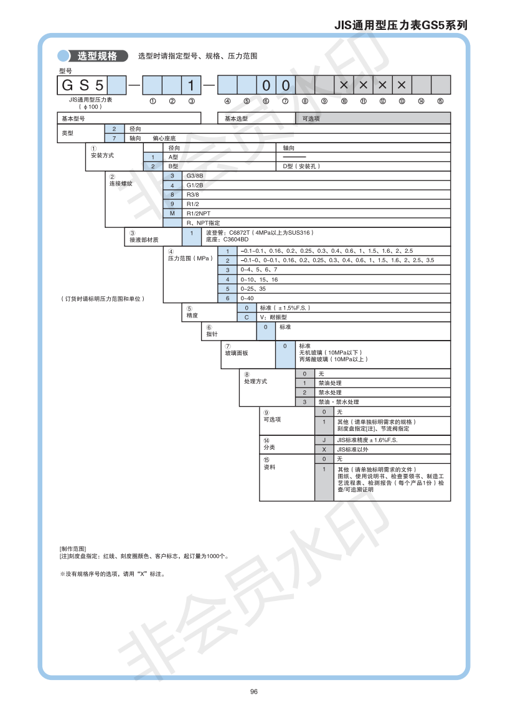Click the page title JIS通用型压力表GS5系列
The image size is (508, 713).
pos(401,26)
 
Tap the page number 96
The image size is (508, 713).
pos(253,691)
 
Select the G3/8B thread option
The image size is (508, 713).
pos(195,176)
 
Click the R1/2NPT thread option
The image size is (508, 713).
pos(199,213)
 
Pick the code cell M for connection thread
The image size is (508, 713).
pos(172,213)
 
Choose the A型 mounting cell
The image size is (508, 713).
pos(174,157)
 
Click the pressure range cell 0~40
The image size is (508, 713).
pos(247,298)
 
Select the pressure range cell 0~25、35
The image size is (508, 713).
pos(253,289)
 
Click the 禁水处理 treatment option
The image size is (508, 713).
pos(330,392)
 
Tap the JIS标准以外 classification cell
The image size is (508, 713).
pos(352,449)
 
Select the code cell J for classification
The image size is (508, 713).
pos(324,440)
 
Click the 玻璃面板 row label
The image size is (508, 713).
pos(237,353)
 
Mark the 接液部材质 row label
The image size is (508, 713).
pos(144,240)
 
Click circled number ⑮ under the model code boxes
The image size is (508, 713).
pos(440,101)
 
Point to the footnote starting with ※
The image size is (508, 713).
pos(112,574)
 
